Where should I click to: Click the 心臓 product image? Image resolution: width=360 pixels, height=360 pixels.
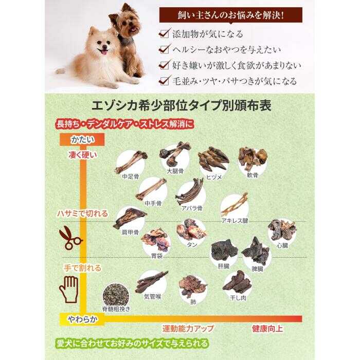[281, 230]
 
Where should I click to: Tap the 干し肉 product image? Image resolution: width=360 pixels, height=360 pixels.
[236, 281]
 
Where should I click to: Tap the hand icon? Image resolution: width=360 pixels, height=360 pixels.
[69, 290]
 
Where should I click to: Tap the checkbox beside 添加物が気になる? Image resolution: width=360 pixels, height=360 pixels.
[164, 34]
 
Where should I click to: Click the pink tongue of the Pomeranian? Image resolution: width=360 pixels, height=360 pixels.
[104, 52]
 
